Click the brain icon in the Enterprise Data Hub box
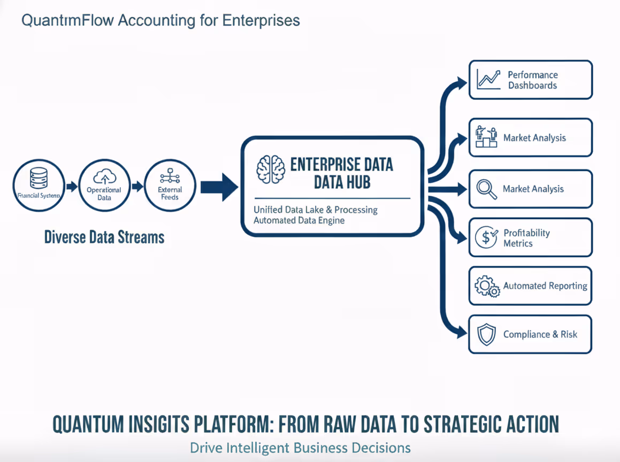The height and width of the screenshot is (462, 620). click(271, 170)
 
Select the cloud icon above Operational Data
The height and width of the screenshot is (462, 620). click(104, 176)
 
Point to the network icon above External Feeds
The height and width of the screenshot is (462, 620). click(170, 177)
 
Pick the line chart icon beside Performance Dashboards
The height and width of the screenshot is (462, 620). click(488, 80)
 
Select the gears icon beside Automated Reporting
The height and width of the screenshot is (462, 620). click(486, 286)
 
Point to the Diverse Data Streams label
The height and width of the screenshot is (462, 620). click(104, 237)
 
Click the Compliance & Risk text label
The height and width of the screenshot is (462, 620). click(540, 334)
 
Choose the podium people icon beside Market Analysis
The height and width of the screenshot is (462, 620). click(486, 137)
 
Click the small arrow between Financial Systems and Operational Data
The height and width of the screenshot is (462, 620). click(72, 187)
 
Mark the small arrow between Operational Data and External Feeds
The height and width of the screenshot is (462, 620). click(137, 187)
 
